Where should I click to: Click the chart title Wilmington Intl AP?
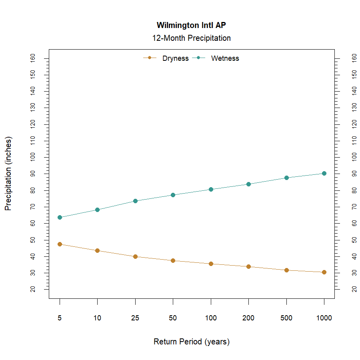(x=191, y=26)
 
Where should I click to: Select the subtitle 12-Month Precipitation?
(x=191, y=38)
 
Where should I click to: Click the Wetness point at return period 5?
(x=60, y=217)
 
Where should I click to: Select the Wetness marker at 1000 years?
(x=324, y=173)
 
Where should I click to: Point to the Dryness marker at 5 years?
(x=60, y=244)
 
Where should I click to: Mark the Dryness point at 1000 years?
(x=324, y=272)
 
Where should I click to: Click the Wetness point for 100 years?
(x=211, y=189)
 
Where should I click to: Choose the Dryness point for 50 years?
(x=173, y=260)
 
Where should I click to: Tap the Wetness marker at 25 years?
(x=135, y=201)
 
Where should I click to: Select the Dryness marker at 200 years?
(x=248, y=266)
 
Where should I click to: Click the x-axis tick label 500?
(x=286, y=318)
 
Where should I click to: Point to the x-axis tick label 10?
(x=97, y=318)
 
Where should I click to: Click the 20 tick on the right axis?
(x=354, y=289)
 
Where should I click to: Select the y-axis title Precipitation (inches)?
(x=8, y=174)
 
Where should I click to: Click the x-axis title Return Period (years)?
(x=191, y=342)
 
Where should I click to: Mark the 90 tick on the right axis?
(x=354, y=174)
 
